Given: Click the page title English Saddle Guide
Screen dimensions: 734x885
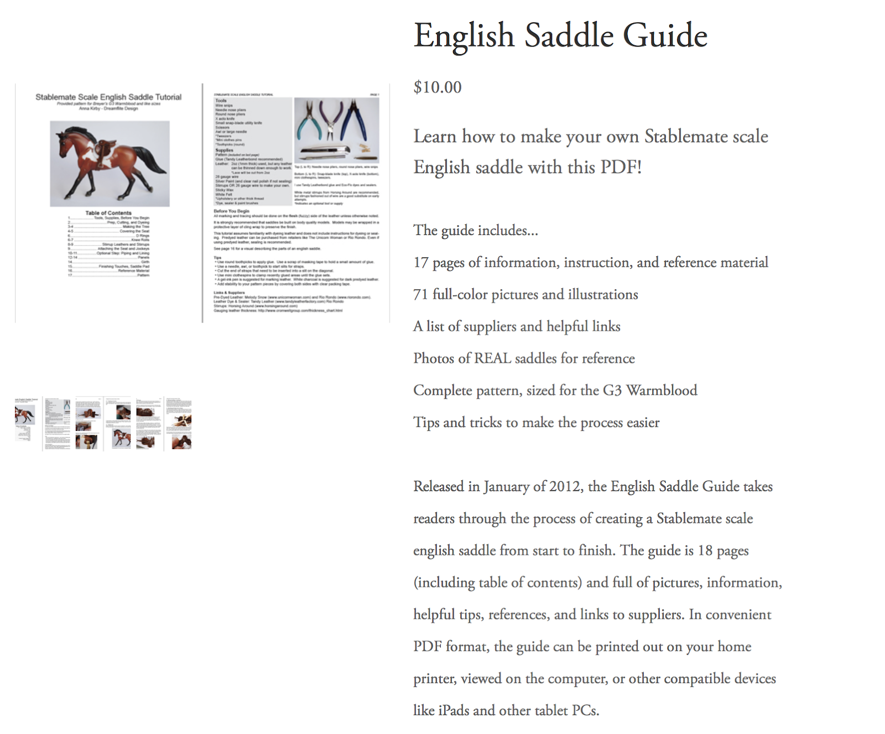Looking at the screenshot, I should (x=560, y=36).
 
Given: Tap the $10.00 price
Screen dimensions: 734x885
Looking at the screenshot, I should (x=437, y=87).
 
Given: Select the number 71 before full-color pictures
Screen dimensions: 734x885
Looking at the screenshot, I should (x=420, y=295).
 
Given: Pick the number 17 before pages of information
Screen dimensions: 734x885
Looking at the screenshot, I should (x=420, y=263).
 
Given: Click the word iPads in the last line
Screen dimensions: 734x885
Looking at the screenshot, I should (x=454, y=711).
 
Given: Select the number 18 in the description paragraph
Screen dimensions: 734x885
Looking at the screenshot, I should (x=705, y=551).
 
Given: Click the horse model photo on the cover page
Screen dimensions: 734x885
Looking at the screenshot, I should (x=110, y=164).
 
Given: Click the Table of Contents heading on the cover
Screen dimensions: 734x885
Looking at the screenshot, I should (x=108, y=213).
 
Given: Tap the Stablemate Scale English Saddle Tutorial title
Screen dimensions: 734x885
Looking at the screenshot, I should (x=108, y=97).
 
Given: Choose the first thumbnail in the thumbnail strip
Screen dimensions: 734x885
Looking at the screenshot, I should (x=26, y=423).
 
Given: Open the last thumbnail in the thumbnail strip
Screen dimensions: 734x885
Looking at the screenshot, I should (x=178, y=423).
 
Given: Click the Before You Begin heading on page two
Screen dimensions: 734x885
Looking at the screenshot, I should (x=231, y=211).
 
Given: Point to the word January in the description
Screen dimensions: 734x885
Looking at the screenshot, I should (x=506, y=487).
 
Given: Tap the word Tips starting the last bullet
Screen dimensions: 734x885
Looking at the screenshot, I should (x=426, y=423).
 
